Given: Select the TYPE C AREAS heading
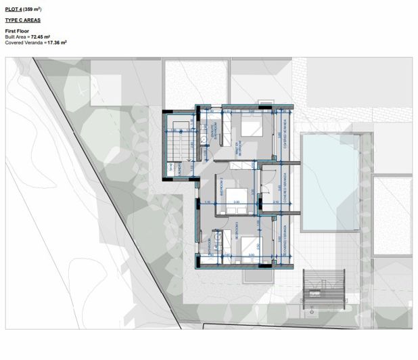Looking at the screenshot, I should [x=22, y=20].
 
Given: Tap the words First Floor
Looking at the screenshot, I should [x=16, y=32].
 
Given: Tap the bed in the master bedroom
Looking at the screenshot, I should [x=254, y=126].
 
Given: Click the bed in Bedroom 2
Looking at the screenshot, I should [x=235, y=198].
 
